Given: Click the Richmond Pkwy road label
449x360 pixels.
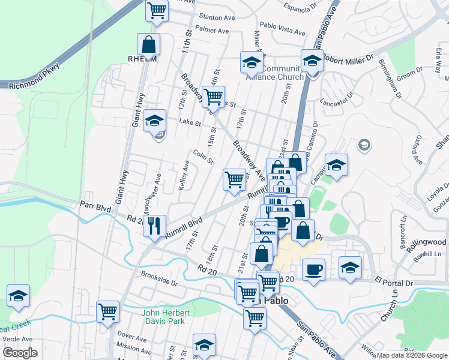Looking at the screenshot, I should (34, 77).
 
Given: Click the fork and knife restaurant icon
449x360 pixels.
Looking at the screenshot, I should (154, 226).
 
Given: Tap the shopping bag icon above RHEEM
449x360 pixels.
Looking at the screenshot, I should (148, 44).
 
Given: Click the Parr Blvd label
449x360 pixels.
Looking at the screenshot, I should (95, 206).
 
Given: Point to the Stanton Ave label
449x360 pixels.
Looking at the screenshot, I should (217, 18).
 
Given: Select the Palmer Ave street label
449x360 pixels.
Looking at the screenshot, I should (212, 30).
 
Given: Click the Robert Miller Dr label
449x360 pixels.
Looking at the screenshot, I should (348, 58).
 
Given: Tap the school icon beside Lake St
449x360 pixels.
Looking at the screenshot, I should (155, 120).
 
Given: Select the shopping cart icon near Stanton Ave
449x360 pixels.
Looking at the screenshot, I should (157, 11).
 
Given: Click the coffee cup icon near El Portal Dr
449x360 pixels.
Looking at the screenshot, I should (313, 269).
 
